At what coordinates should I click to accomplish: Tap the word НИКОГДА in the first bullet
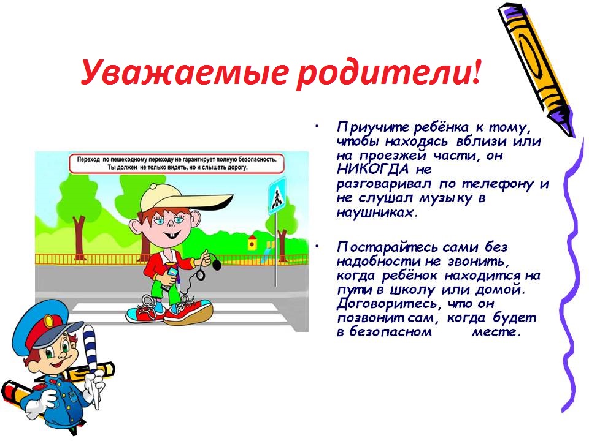click(372, 170)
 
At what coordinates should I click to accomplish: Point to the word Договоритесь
click(387, 304)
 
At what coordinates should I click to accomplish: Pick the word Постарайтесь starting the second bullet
click(387, 247)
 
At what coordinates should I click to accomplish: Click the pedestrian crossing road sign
click(277, 196)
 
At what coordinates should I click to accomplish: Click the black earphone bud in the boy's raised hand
click(217, 265)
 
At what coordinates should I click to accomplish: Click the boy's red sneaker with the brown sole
click(188, 311)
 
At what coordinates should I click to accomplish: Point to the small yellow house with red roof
click(252, 243)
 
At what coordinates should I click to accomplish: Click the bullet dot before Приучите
click(318, 126)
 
